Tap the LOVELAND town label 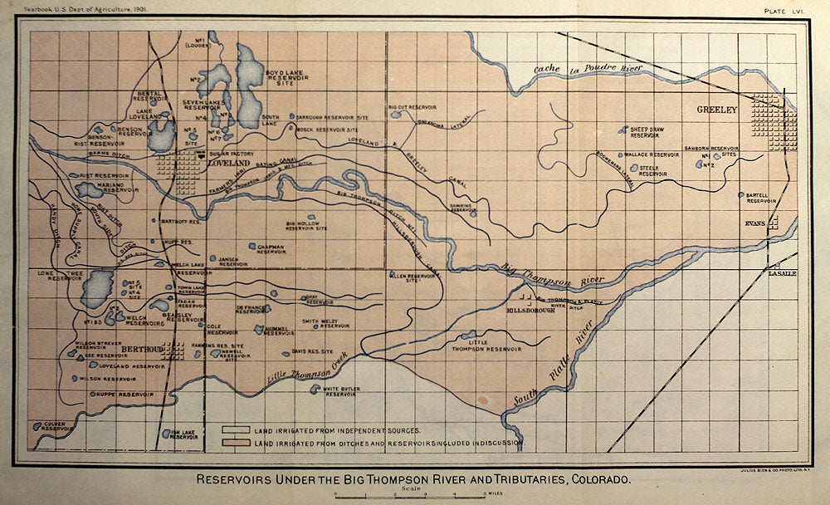pos(229,164)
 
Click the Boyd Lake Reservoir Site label pos(287,79)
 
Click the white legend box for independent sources pos(237,430)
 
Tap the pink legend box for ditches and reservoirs pos(237,444)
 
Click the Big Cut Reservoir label pos(412,107)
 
